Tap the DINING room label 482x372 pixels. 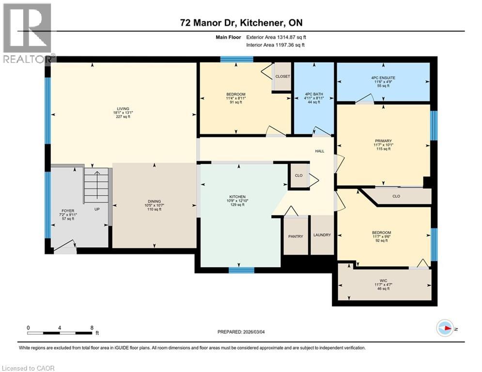tap(155, 201)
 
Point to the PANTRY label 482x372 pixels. tap(295, 236)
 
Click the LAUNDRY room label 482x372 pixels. tap(322, 235)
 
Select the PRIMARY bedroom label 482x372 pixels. tap(383, 141)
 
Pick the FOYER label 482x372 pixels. tap(67, 211)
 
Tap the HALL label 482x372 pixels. tap(320, 151)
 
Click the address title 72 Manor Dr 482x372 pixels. tap(241, 23)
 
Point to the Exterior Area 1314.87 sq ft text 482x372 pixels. tap(276, 37)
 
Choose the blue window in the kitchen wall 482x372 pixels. tap(241, 270)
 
